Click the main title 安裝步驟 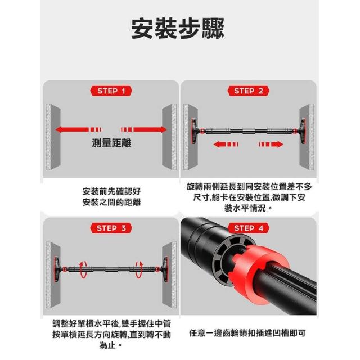[178, 29]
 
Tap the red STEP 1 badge [111, 91]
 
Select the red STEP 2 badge [249, 91]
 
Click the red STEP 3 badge [111, 228]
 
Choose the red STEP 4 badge [249, 228]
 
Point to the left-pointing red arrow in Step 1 [79, 129]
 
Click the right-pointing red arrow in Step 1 [144, 129]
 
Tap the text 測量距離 [111, 143]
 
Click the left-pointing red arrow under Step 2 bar [226, 145]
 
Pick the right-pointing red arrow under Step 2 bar [271, 145]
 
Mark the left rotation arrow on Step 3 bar [83, 269]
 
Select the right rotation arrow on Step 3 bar [139, 269]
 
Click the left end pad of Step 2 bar [195, 131]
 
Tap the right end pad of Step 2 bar [303, 131]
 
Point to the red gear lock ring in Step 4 [260, 274]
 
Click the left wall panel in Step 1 [53, 137]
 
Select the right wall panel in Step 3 [169, 274]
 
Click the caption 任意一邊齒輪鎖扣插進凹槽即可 [247, 333]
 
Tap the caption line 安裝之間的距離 [111, 202]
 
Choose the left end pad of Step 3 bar [57, 269]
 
